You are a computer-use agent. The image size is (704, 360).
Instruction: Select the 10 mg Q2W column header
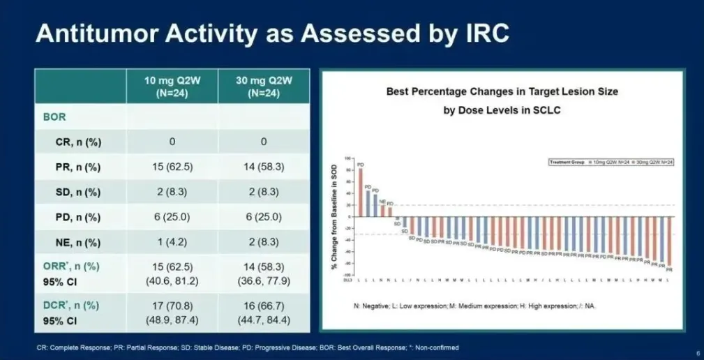pyautogui.click(x=172, y=86)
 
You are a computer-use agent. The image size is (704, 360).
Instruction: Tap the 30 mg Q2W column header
pyautogui.click(x=264, y=86)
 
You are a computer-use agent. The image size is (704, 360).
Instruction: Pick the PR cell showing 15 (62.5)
pyautogui.click(x=172, y=167)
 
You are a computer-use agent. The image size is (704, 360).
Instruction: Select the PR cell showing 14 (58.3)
pyautogui.click(x=264, y=167)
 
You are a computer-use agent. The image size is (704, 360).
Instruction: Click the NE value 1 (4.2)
pyautogui.click(x=172, y=243)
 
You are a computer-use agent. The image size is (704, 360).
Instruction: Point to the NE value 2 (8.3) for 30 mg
pyautogui.click(x=264, y=243)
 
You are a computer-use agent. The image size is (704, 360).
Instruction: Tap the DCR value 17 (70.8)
pyautogui.click(x=172, y=305)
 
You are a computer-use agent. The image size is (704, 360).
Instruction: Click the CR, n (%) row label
pyautogui.click(x=78, y=142)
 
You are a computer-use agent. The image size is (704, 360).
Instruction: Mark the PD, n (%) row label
pyautogui.click(x=78, y=218)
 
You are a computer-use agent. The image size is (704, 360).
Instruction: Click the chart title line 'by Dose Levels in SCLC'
pyautogui.click(x=502, y=110)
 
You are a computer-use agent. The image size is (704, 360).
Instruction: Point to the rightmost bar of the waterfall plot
pyautogui.click(x=670, y=241)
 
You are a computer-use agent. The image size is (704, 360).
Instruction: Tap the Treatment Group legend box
pyautogui.click(x=611, y=161)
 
